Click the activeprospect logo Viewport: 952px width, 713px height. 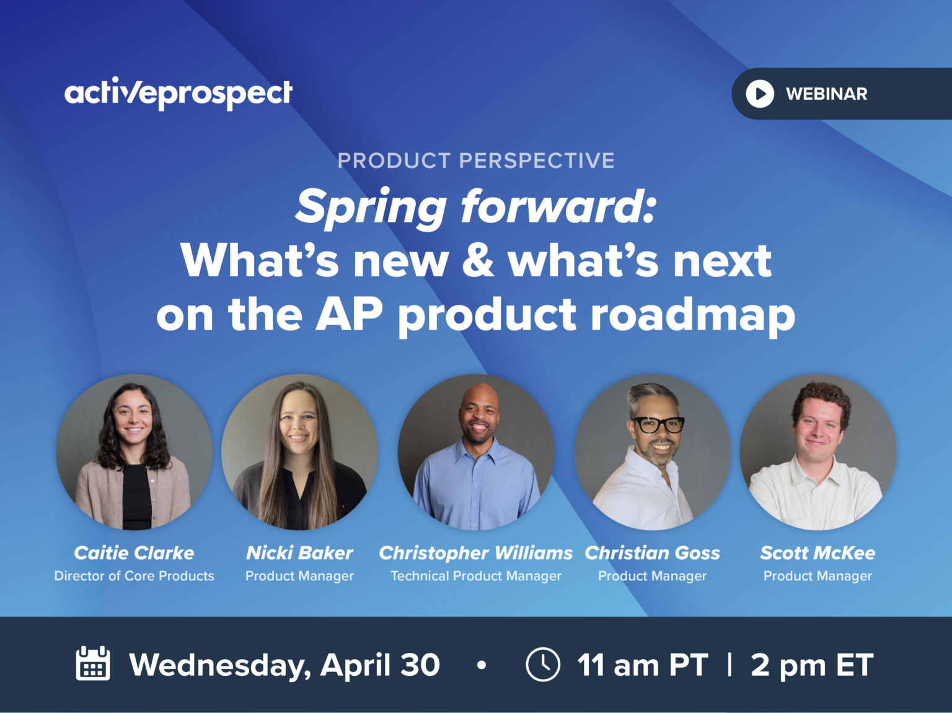click(178, 94)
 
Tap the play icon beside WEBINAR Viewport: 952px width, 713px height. click(759, 94)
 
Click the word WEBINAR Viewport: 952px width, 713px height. click(826, 94)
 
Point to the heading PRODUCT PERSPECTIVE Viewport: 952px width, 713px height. click(475, 160)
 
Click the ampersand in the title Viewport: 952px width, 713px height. click(478, 261)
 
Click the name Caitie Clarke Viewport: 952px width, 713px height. click(134, 553)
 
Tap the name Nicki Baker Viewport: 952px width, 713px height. click(299, 553)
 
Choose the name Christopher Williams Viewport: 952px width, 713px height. click(475, 553)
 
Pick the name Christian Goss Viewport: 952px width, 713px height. click(652, 553)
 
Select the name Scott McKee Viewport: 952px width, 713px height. click(818, 553)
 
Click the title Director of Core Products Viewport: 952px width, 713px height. click(134, 576)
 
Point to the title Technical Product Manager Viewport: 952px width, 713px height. click(475, 576)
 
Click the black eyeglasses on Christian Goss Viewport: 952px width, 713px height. click(658, 425)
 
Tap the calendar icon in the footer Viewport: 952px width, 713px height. click(93, 664)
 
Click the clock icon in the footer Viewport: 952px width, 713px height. click(543, 665)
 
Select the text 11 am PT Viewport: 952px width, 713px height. click(642, 665)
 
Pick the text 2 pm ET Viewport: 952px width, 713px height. click(812, 665)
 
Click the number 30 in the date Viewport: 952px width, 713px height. click(420, 665)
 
